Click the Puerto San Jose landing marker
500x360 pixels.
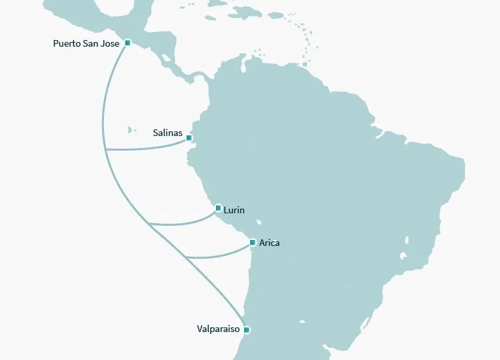pyautogui.click(x=127, y=43)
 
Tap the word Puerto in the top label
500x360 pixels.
pyautogui.click(x=67, y=43)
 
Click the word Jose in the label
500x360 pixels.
pyautogui.click(x=111, y=43)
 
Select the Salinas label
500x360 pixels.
pyautogui.click(x=167, y=133)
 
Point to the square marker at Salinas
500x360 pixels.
pyautogui.click(x=189, y=138)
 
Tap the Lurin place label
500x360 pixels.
pyautogui.click(x=234, y=211)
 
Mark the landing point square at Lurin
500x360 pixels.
pyautogui.click(x=218, y=208)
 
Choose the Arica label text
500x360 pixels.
pyautogui.click(x=269, y=243)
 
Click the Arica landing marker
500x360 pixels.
pyautogui.click(x=252, y=242)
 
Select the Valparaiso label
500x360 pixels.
pyautogui.click(x=219, y=329)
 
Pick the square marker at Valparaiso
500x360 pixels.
pyautogui.click(x=247, y=330)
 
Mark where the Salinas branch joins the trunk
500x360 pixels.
pyautogui.click(x=106, y=150)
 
